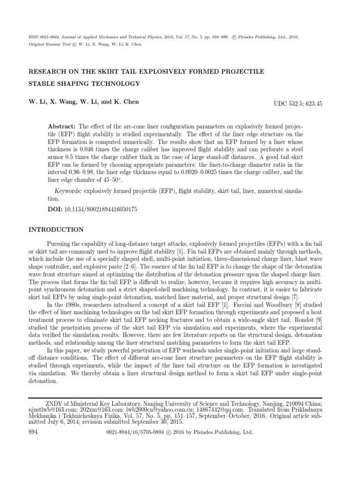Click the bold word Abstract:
coord(62,127)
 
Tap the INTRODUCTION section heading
coord(56,230)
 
